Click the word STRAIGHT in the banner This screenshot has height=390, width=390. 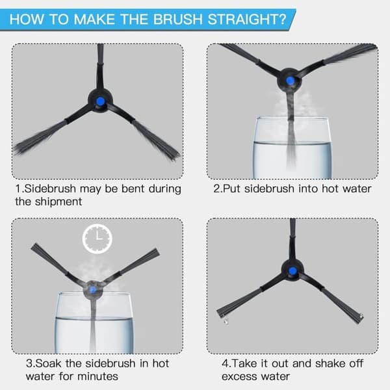[247, 19]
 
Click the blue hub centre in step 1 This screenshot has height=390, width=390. [100, 101]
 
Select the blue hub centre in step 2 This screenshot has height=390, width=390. [290, 81]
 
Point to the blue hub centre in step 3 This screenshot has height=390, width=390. [92, 289]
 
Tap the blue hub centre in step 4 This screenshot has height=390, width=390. [292, 270]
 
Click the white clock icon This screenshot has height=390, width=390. [97, 239]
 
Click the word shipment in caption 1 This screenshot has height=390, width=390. [58, 201]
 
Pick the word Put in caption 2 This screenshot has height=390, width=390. [231, 188]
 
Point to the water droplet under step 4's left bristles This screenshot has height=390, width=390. [226, 322]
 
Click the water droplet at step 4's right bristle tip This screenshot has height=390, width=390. [361, 317]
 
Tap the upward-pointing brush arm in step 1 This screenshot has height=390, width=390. [100, 67]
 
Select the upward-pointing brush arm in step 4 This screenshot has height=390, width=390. [292, 239]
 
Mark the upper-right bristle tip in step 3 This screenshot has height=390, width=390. [157, 252]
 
